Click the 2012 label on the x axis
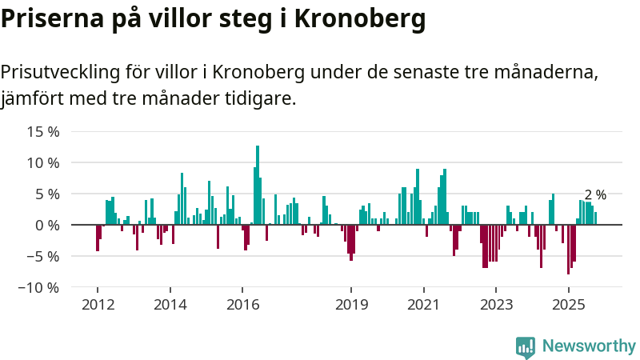click(x=98, y=305)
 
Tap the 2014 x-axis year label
click(x=170, y=305)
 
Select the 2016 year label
click(x=242, y=305)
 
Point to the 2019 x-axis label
click(x=351, y=305)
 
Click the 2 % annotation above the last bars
click(x=595, y=194)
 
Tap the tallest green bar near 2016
click(x=258, y=184)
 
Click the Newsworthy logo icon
click(x=526, y=346)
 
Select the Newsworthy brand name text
click(x=589, y=346)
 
